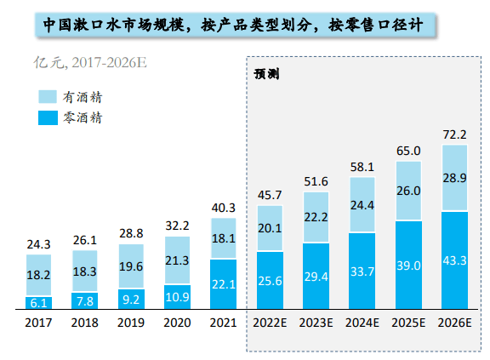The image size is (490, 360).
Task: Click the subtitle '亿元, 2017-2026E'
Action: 94,62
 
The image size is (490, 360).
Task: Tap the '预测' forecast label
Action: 266,73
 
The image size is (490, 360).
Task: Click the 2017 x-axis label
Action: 38,323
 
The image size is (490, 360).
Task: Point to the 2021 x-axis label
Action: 223,323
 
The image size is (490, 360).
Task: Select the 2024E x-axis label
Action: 362,323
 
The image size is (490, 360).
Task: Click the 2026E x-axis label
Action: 454,323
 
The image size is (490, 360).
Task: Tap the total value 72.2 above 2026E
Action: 454,134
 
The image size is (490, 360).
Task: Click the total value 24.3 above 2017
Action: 38,244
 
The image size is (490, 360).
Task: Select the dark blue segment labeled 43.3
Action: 454,260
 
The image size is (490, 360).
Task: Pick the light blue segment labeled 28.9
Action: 454,178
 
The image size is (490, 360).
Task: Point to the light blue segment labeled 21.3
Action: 177,260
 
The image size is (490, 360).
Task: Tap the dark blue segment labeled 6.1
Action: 38,302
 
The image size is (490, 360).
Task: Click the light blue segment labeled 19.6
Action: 131,266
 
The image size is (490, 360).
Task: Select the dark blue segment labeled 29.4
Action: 316,277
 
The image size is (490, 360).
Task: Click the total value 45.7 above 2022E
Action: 270,195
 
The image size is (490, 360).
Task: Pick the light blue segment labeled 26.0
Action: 408,191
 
